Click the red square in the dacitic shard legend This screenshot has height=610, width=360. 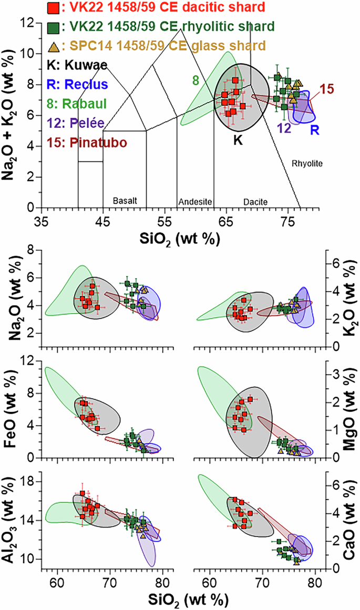pos(53,8)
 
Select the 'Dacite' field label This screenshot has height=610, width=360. pos(255,201)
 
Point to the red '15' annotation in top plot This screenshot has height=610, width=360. pos(327,90)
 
